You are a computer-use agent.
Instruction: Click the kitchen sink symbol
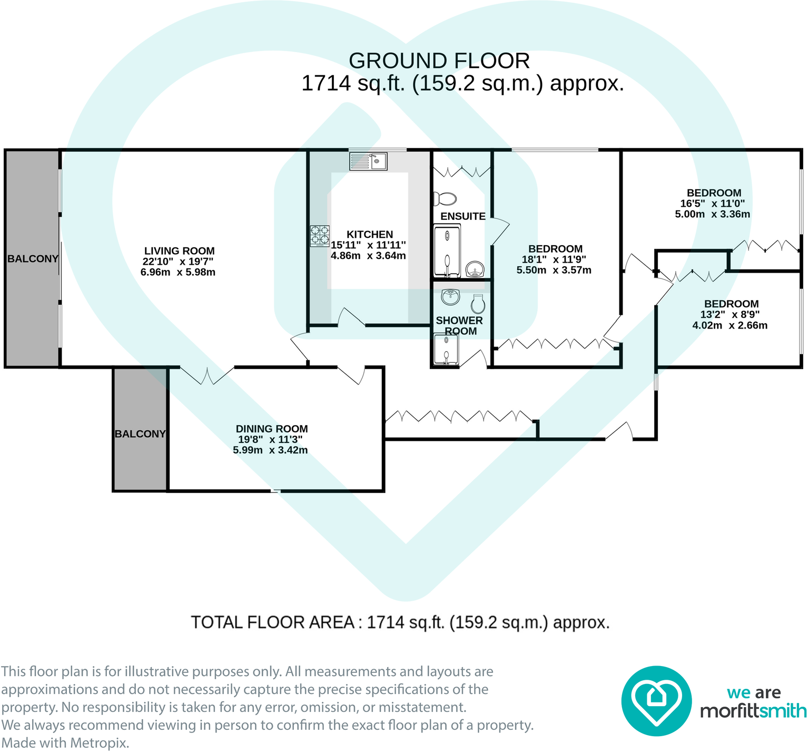point(368,161)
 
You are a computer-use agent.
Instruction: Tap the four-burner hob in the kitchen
point(320,236)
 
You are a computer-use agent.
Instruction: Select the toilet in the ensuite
point(445,199)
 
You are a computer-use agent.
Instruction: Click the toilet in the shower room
point(478,303)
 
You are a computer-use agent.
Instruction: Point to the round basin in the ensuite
point(476,269)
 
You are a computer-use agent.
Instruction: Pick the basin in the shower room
point(451,297)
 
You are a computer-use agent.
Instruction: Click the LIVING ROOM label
point(180,251)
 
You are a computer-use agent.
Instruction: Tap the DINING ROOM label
point(272,429)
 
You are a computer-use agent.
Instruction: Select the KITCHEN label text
point(370,234)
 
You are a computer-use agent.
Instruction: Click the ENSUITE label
point(463,216)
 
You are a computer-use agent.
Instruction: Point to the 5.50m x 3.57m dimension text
point(554,270)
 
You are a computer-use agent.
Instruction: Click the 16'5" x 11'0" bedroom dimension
point(713,204)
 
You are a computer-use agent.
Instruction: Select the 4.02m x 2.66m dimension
point(730,325)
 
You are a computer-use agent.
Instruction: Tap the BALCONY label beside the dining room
point(140,434)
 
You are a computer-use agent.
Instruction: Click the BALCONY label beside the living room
point(33,258)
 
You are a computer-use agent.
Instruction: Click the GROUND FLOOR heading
point(439,61)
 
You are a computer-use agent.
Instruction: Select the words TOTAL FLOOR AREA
point(272,622)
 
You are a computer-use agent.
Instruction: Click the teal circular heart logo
point(656,701)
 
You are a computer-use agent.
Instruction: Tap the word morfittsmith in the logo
point(753,711)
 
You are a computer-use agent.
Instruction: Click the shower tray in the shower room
point(446,349)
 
